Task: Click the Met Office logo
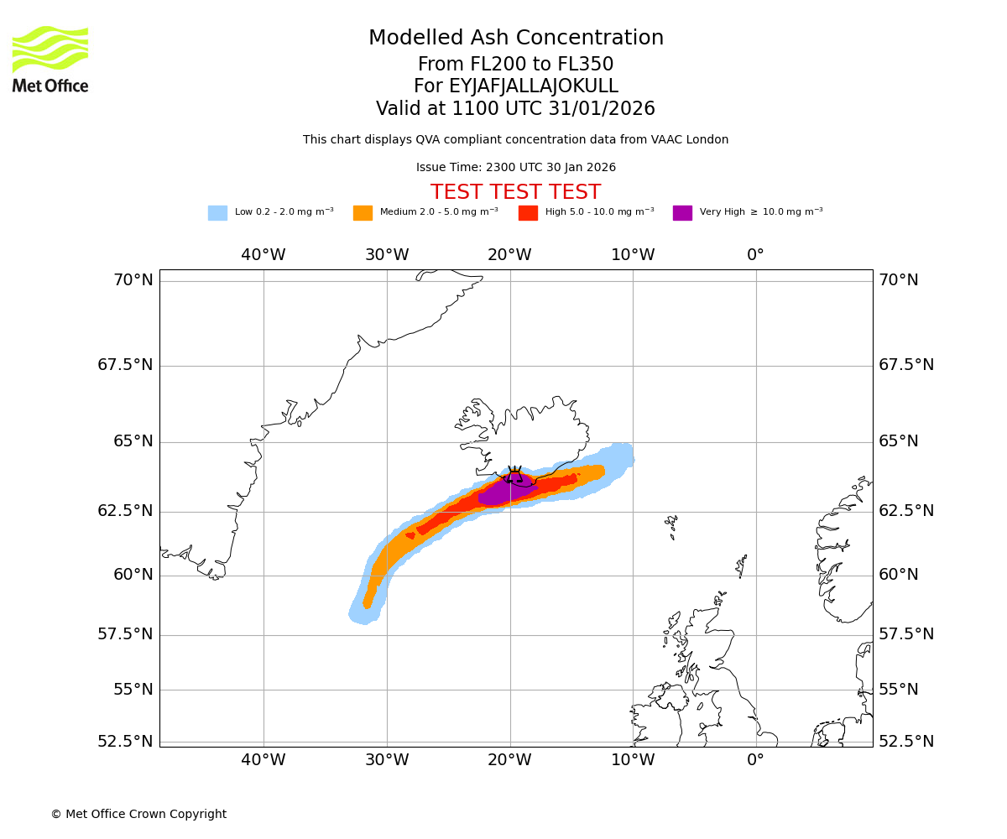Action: [50, 59]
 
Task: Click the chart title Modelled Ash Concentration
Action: [515, 39]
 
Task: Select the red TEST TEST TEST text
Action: [515, 192]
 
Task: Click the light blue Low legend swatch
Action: [217, 213]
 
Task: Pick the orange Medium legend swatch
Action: [363, 213]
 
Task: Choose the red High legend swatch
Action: [528, 213]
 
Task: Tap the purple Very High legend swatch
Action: [682, 213]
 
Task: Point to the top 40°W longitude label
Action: [263, 255]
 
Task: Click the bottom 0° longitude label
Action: [755, 760]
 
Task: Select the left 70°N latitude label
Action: [133, 280]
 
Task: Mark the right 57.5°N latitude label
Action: [905, 634]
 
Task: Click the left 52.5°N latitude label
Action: [126, 742]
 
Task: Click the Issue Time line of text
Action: [515, 168]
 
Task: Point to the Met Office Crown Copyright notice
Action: [138, 814]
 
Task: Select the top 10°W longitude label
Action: [633, 255]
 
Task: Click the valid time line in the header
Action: [515, 109]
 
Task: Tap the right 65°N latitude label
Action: [898, 441]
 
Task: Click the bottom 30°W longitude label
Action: [387, 760]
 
